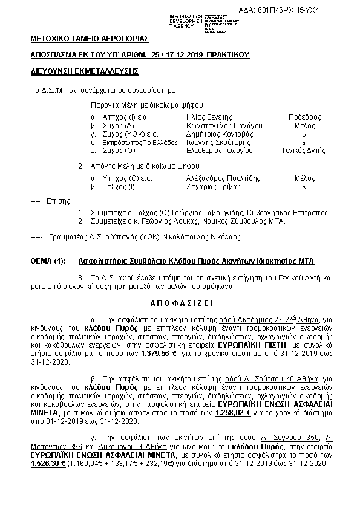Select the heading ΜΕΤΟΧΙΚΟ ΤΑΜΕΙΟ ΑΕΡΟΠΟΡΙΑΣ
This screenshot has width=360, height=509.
[x=90, y=39]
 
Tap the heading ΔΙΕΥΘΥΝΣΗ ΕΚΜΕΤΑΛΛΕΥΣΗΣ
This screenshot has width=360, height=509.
[x=85, y=71]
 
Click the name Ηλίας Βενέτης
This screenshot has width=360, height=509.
[x=209, y=117]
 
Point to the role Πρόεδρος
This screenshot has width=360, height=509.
[x=304, y=117]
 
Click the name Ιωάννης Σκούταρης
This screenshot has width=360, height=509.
[x=218, y=142]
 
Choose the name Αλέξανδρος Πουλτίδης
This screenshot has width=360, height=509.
[x=224, y=178]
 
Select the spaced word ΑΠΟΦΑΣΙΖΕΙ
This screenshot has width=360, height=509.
[x=180, y=302]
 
